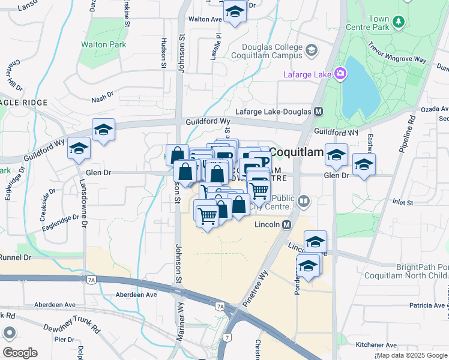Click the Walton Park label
click(x=104, y=45)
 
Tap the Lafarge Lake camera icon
click(x=340, y=74)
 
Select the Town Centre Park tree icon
click(x=397, y=23)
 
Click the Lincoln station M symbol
click(x=286, y=224)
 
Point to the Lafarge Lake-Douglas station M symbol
click(x=318, y=112)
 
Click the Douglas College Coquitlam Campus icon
click(x=312, y=50)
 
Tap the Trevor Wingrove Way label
click(x=397, y=52)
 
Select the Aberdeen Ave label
click(x=137, y=295)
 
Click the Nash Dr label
click(x=103, y=100)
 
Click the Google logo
click(x=20, y=353)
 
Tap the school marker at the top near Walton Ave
click(x=235, y=12)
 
